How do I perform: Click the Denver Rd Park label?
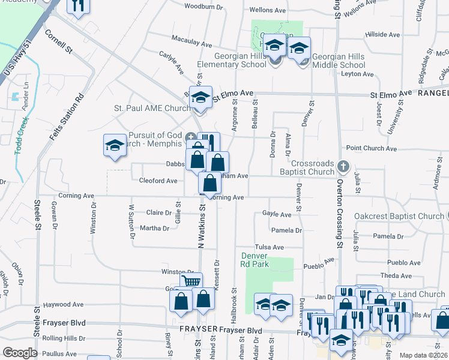[x=251, y=259]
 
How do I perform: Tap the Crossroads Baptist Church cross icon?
[x=343, y=165]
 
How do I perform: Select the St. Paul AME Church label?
[x=144, y=109]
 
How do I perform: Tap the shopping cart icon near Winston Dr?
[x=191, y=281]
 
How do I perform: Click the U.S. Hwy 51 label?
[x=17, y=60]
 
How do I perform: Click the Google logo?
[x=20, y=353]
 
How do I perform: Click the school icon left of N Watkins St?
[x=114, y=146]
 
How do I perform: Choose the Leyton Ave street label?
[x=357, y=74]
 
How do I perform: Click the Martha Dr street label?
[x=154, y=228]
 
